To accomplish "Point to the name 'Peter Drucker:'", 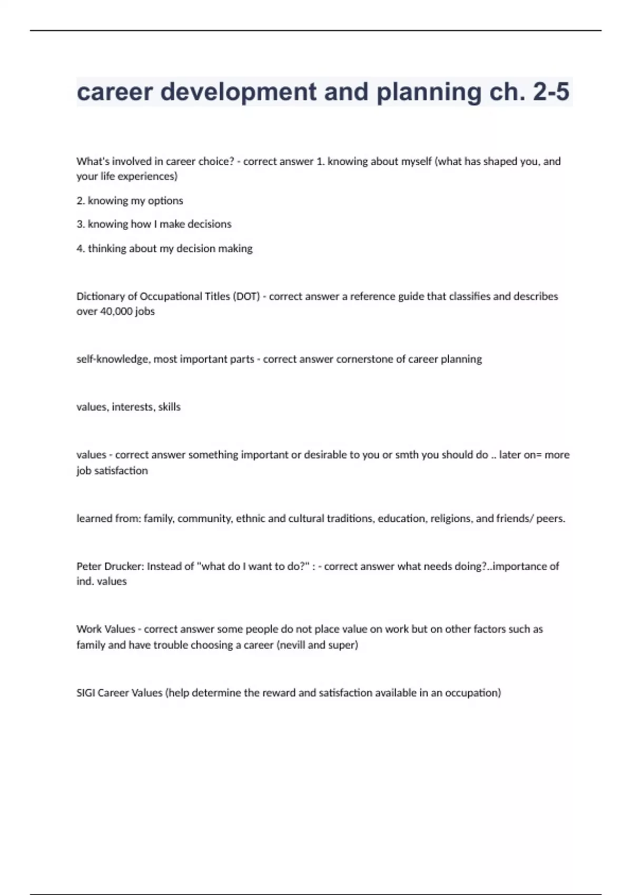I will tap(110, 566).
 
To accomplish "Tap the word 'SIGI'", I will tap(85, 693).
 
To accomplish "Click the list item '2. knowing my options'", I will tap(130, 201).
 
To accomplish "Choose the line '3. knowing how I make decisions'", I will tap(154, 224).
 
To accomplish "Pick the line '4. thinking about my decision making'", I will tap(164, 248).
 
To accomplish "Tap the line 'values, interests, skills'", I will tap(129, 407).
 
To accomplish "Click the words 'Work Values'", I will tap(105, 629).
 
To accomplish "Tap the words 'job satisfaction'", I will tap(112, 471).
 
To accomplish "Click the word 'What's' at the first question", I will tap(92, 162).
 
